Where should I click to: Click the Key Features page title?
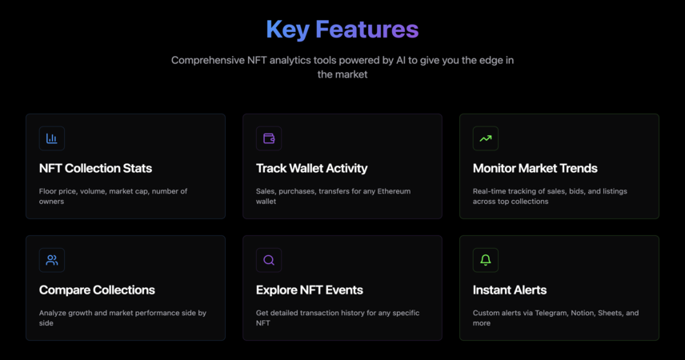click(342, 30)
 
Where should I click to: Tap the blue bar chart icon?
click(52, 138)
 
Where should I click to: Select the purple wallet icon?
click(269, 138)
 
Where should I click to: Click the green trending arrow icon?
click(486, 138)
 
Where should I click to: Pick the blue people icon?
click(52, 260)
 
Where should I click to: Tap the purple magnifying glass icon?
click(269, 260)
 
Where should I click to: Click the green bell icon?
click(486, 260)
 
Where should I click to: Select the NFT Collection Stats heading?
click(96, 168)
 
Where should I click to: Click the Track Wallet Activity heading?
click(311, 168)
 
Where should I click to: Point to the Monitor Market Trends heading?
click(535, 168)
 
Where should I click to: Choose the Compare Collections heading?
click(97, 290)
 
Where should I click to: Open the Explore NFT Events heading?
click(310, 290)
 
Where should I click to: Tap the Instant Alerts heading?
click(510, 290)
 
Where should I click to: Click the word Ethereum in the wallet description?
click(394, 191)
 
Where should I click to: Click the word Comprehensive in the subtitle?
click(208, 60)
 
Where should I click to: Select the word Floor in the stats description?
click(47, 191)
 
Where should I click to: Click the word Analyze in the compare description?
click(52, 314)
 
